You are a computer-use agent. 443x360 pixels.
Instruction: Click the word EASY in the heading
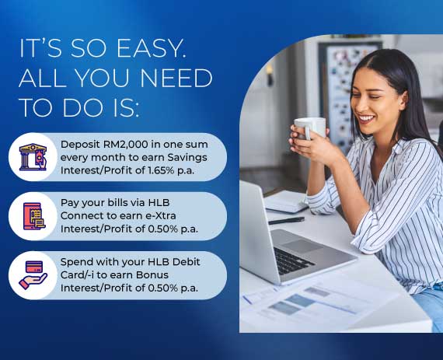[151, 49]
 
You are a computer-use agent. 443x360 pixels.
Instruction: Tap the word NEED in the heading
[176, 78]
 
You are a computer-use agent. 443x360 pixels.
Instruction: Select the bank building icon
[33, 157]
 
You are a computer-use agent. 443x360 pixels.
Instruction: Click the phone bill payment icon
[34, 216]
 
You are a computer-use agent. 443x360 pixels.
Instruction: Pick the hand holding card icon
[33, 275]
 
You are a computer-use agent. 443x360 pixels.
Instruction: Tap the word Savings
[187, 158]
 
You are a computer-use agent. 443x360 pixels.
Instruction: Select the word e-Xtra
[160, 216]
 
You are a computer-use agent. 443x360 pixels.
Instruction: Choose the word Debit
[187, 262]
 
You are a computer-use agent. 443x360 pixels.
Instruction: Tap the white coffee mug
[309, 128]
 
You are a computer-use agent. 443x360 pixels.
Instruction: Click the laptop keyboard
[294, 260]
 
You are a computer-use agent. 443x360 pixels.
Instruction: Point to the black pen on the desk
[286, 221]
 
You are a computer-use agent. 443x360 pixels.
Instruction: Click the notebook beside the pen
[286, 201]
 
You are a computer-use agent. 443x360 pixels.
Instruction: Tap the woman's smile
[368, 118]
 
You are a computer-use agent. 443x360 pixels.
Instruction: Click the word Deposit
[81, 145]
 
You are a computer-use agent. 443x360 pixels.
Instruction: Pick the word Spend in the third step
[75, 262]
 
